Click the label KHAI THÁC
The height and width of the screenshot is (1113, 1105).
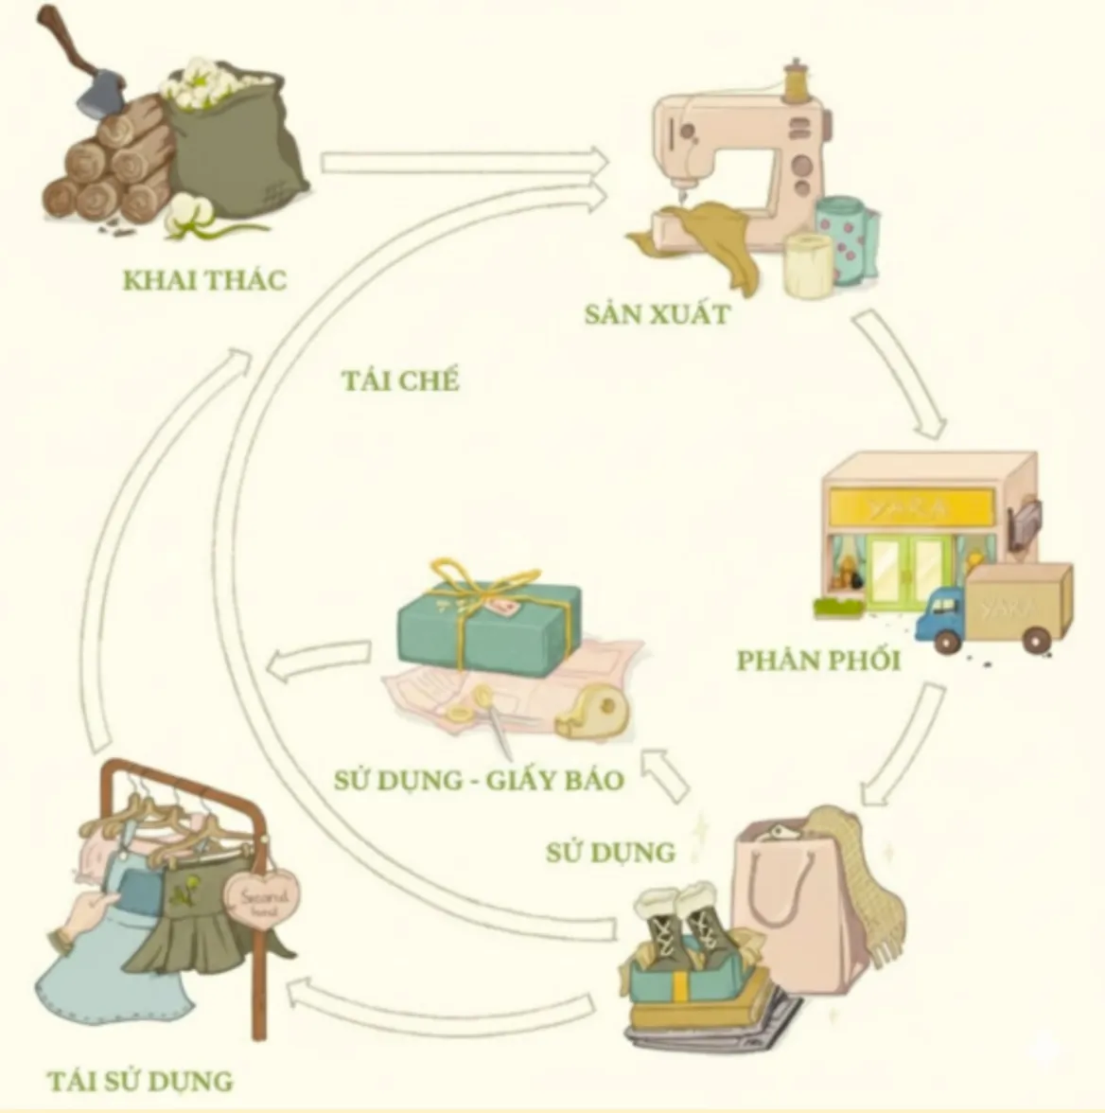[204, 280]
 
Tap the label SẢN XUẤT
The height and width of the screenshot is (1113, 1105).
[657, 314]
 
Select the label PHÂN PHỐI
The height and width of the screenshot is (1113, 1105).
[818, 660]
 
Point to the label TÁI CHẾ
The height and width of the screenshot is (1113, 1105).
[400, 380]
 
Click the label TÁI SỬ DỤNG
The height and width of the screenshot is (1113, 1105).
[140, 1080]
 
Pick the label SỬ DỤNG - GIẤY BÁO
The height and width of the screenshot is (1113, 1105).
[479, 780]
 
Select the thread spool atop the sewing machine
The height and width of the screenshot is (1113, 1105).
[797, 80]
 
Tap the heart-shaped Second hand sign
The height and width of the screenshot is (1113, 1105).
[261, 899]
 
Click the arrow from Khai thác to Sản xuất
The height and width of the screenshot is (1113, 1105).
[464, 163]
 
